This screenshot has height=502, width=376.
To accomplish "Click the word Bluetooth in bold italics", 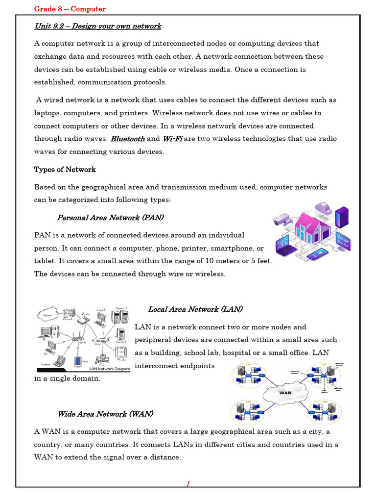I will pyautogui.click(x=128, y=139).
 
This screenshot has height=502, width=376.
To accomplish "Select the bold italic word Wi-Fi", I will pyautogui.click(x=172, y=139).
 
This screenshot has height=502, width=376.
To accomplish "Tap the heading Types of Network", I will pyautogui.click(x=65, y=169).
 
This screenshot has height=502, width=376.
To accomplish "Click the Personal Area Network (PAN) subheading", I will pyautogui.click(x=110, y=217).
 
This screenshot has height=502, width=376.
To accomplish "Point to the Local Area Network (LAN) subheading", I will pyautogui.click(x=195, y=309).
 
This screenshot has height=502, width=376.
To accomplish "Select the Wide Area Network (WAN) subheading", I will pyautogui.click(x=105, y=414).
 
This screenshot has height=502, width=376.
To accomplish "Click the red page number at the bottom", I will pyautogui.click(x=188, y=484).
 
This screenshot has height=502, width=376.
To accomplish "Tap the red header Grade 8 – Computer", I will pyautogui.click(x=70, y=9).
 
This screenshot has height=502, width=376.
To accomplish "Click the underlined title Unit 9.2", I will pyautogui.click(x=97, y=26).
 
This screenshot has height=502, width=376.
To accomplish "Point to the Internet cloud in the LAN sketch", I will pyautogui.click(x=47, y=311).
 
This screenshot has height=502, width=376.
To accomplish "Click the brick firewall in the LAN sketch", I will pyautogui.click(x=68, y=314).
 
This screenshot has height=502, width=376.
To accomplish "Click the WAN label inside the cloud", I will pyautogui.click(x=285, y=392).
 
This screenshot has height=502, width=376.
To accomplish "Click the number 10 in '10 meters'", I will pyautogui.click(x=211, y=261).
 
